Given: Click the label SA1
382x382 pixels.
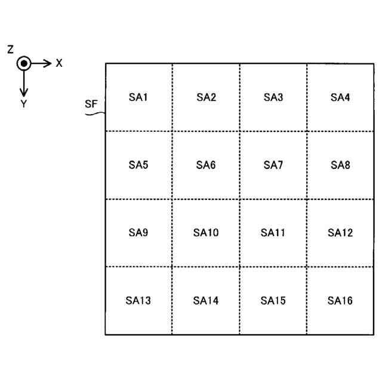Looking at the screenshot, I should [x=138, y=97].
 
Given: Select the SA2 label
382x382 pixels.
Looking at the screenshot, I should [x=206, y=97].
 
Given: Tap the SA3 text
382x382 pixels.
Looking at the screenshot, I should [x=273, y=97].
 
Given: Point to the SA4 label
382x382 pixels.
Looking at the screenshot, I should [x=340, y=97].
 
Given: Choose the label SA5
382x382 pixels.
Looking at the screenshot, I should [x=138, y=165].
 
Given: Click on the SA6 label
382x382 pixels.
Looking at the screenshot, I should [x=206, y=165].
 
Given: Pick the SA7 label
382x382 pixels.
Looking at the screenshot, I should [x=273, y=165].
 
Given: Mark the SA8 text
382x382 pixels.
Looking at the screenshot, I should [x=340, y=165].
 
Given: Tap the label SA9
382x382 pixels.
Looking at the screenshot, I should [x=138, y=233].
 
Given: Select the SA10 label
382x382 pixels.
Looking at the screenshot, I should [x=206, y=233].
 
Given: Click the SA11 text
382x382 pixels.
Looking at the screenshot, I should [x=273, y=233].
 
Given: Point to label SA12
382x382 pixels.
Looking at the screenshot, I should [x=340, y=233].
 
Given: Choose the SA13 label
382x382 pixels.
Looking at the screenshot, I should [x=138, y=301].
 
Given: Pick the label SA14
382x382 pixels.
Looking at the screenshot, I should [x=206, y=301].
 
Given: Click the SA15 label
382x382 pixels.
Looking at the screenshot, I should [x=273, y=301].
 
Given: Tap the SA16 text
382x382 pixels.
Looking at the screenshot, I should [x=340, y=301].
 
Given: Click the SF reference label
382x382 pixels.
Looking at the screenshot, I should [x=91, y=105].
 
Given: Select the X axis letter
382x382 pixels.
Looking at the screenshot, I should [x=59, y=63].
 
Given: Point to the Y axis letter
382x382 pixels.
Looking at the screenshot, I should [x=23, y=103].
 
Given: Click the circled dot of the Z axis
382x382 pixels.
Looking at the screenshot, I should [x=23, y=63].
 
